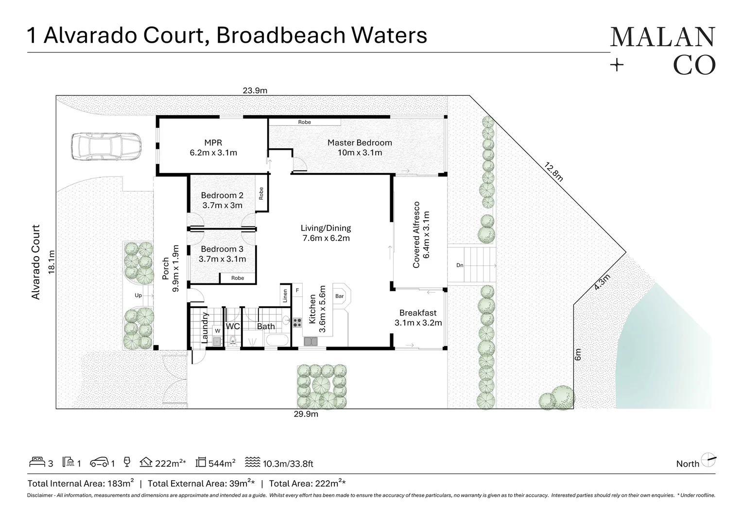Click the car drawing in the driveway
[106, 146]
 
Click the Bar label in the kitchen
[339, 296]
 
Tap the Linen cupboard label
[285, 295]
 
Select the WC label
[233, 326]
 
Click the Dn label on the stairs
[460, 265]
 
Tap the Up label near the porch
[138, 296]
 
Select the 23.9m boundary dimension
[255, 90]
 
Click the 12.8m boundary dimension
[553, 172]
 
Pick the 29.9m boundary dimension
[306, 414]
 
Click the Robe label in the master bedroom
[305, 122]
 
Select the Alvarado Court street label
[35, 262]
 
